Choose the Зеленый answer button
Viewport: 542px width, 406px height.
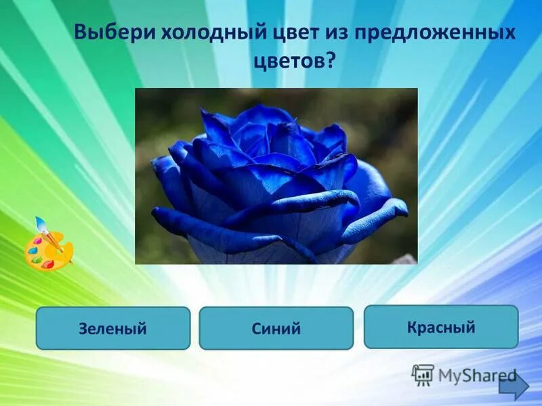(x=113, y=328)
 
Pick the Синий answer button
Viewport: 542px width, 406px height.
(x=276, y=328)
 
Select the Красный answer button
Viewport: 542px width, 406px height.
(x=441, y=327)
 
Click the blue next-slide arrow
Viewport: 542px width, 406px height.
(x=514, y=387)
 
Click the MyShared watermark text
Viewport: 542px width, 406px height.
(x=477, y=376)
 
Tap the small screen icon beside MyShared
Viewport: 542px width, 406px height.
(x=423, y=374)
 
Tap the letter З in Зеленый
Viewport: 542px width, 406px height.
(x=83, y=329)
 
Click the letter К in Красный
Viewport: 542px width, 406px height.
(x=412, y=328)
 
